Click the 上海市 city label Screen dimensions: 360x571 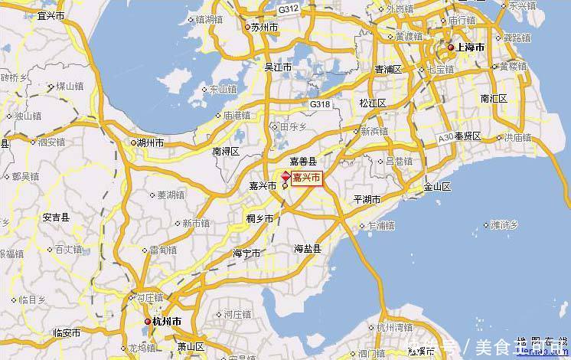point(470,47)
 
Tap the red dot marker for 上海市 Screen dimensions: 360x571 point(450,47)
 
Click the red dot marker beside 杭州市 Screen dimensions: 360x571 point(148,320)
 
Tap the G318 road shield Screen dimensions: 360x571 point(321,103)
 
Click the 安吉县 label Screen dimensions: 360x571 point(56,218)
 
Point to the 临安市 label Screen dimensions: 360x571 point(67,332)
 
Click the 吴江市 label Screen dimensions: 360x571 point(278,67)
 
